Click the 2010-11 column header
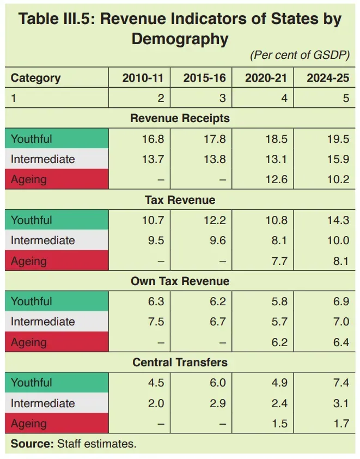[x=143, y=78]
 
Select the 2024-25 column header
[x=328, y=78]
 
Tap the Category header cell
[x=36, y=78]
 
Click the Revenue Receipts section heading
[x=180, y=118]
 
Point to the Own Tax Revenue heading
[x=180, y=281]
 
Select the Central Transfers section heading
[x=180, y=363]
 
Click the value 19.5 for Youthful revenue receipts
[x=338, y=139]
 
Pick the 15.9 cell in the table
[x=338, y=159]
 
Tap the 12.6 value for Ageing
[x=276, y=179]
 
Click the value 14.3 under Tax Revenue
[x=338, y=220]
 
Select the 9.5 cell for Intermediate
[x=156, y=240]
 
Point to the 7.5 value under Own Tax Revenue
[x=156, y=322]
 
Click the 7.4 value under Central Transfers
[x=341, y=383]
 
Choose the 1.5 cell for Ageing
[x=279, y=424]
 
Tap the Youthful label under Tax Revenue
[x=31, y=220]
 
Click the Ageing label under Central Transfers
[x=29, y=424]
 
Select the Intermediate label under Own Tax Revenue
[x=42, y=322]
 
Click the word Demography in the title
[x=180, y=39]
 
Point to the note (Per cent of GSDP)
[x=300, y=55]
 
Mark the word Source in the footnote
[x=32, y=444]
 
